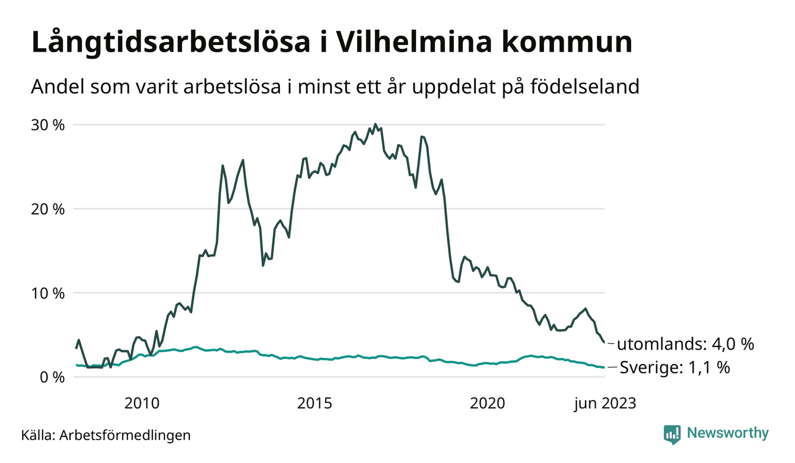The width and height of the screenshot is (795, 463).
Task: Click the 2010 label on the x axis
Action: (x=142, y=404)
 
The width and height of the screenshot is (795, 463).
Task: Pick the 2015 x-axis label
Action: (x=314, y=404)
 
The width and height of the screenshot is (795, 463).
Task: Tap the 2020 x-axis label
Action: (x=487, y=404)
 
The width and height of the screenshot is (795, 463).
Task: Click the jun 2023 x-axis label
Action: (x=605, y=404)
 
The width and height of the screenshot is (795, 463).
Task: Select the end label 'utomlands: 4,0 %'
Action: (x=685, y=344)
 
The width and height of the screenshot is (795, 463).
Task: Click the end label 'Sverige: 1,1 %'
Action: (x=675, y=368)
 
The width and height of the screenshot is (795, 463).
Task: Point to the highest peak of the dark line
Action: (x=375, y=125)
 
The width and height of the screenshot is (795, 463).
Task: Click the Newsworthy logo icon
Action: (x=672, y=434)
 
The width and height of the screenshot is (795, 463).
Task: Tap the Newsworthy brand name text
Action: (x=727, y=433)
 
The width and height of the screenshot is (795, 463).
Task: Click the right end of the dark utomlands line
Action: (x=604, y=343)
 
